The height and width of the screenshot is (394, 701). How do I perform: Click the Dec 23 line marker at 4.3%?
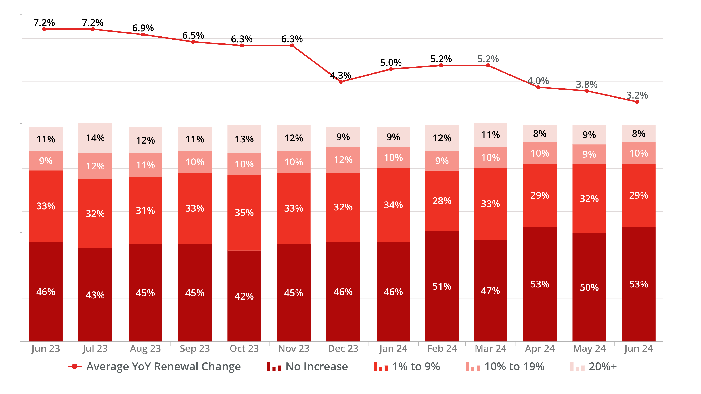click(x=341, y=82)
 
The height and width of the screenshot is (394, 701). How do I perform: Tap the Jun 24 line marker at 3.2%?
click(x=637, y=102)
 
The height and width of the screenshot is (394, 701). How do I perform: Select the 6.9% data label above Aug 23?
click(x=143, y=28)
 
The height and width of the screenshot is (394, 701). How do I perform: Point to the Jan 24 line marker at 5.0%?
click(x=391, y=69)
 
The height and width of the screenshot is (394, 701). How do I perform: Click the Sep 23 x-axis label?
click(x=195, y=348)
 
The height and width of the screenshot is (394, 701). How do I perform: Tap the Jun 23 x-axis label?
click(x=45, y=348)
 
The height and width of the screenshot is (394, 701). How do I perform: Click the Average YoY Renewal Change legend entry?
click(x=154, y=366)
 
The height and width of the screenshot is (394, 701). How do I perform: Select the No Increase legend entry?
click(x=307, y=366)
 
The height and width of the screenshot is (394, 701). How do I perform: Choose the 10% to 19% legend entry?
click(x=505, y=366)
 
